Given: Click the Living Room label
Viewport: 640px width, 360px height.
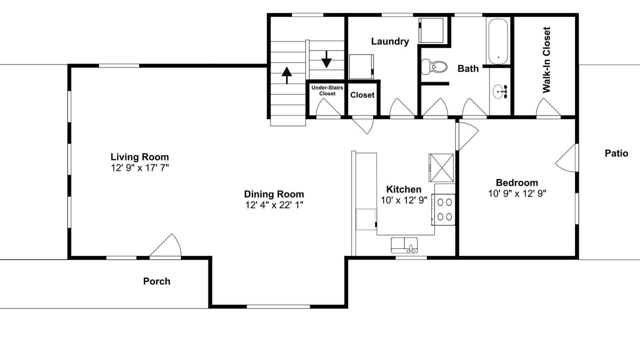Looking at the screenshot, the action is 139,157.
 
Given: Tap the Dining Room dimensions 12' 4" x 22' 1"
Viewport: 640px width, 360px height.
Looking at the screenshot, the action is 274,205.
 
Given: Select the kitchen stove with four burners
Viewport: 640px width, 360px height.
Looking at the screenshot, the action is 443,209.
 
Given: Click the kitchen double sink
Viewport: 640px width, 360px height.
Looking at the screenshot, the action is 404,245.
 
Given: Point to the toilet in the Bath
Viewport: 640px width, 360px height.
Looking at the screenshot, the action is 433,67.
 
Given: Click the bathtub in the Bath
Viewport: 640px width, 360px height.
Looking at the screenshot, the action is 498,41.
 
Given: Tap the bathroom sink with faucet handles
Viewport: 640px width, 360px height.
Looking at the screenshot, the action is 499,91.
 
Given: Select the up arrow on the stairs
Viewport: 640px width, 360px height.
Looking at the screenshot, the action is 286,75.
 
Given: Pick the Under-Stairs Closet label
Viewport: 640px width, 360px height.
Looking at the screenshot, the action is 327,90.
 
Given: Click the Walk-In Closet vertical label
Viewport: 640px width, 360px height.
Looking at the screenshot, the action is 546,60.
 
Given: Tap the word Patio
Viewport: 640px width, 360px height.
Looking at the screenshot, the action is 616,153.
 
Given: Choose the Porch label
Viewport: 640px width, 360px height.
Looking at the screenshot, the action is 156,281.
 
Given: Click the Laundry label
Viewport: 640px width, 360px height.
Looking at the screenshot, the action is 390,41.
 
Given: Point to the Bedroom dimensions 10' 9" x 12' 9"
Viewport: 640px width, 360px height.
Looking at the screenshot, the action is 517,193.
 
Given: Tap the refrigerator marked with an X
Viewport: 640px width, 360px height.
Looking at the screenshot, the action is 441,167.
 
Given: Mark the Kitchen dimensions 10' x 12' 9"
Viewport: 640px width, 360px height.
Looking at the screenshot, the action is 404,200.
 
